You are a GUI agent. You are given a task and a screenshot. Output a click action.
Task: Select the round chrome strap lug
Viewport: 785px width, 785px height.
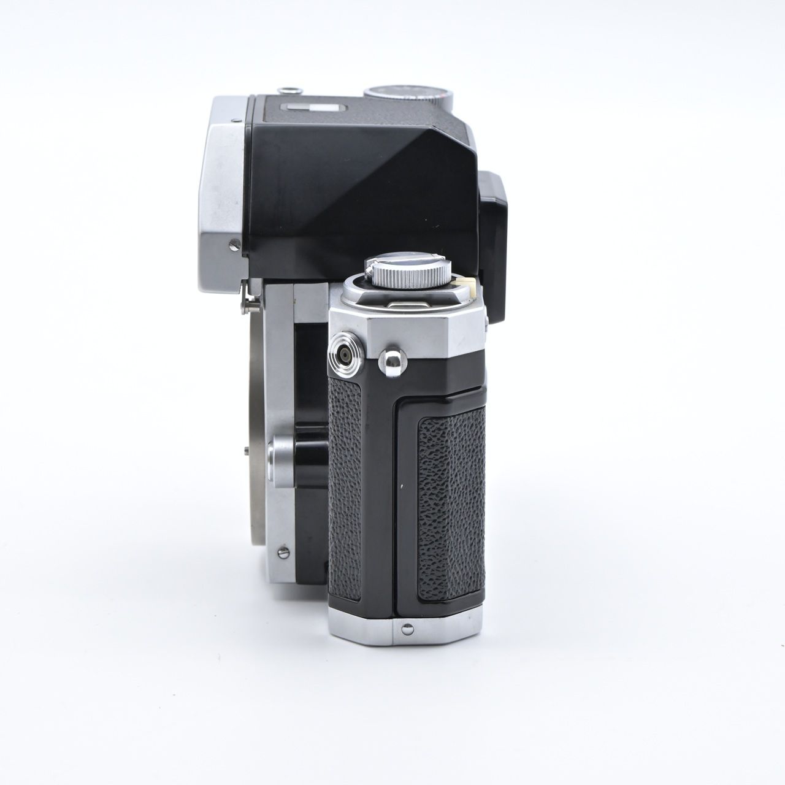pos(388,356)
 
